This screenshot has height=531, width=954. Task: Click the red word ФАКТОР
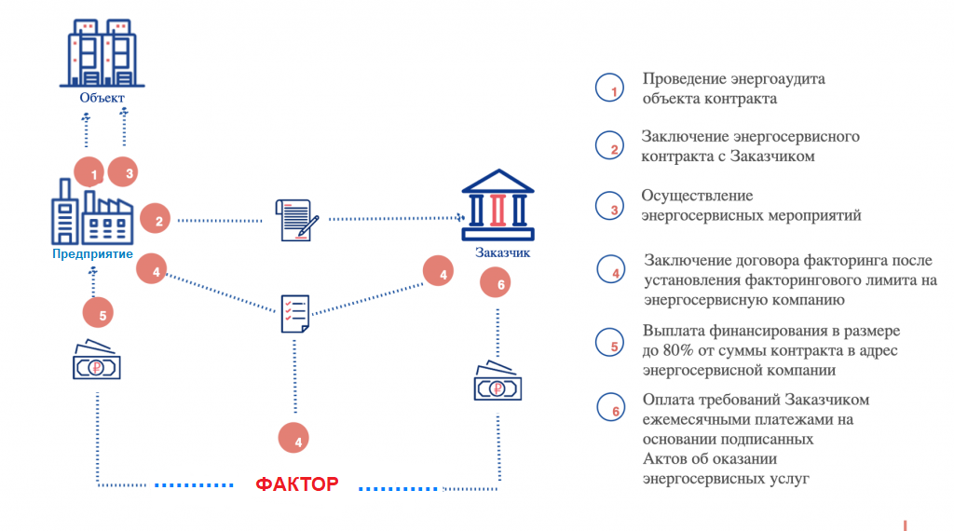[x=297, y=484]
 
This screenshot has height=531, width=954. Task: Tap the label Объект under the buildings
[x=102, y=98]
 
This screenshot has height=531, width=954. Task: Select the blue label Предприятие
[x=92, y=254]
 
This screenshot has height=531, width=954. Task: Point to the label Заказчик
[x=502, y=252]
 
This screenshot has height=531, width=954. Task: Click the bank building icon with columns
[x=497, y=205]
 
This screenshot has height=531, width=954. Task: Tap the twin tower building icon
[x=102, y=53]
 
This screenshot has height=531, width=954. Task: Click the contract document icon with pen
[x=297, y=220]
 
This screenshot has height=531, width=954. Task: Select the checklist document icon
[x=295, y=314]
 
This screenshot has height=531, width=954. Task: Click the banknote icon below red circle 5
[x=96, y=361]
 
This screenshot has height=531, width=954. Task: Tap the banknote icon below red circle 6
[x=497, y=381]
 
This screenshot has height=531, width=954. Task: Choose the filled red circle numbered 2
[x=156, y=219]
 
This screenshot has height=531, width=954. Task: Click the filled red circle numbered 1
[x=89, y=172]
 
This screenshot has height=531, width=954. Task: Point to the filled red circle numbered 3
[x=123, y=172]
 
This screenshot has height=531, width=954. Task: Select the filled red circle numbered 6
[x=496, y=283]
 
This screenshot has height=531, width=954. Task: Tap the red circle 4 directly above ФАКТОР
[x=293, y=438]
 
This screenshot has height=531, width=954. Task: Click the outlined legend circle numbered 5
[x=609, y=343]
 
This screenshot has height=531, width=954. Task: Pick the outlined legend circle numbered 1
[x=609, y=88]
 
